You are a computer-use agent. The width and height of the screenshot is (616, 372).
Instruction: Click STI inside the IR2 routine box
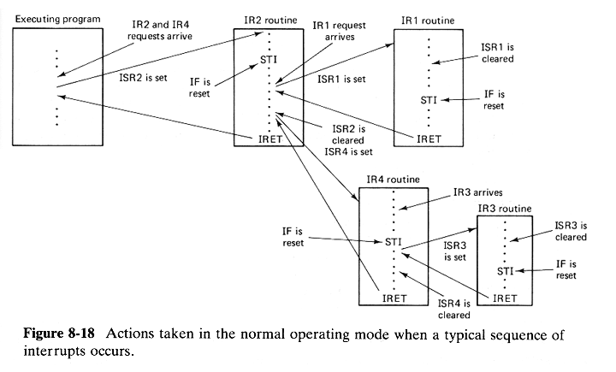(270, 60)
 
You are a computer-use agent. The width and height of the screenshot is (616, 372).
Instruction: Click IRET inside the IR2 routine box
(271, 137)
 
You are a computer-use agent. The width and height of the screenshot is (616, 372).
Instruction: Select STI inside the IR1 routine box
(429, 101)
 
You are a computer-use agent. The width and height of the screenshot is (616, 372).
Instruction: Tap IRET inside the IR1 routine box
(429, 137)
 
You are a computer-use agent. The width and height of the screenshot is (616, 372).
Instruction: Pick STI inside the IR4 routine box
(394, 243)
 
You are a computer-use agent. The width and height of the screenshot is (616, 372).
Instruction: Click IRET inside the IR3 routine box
(505, 298)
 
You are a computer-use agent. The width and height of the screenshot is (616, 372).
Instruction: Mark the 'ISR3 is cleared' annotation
(571, 231)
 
